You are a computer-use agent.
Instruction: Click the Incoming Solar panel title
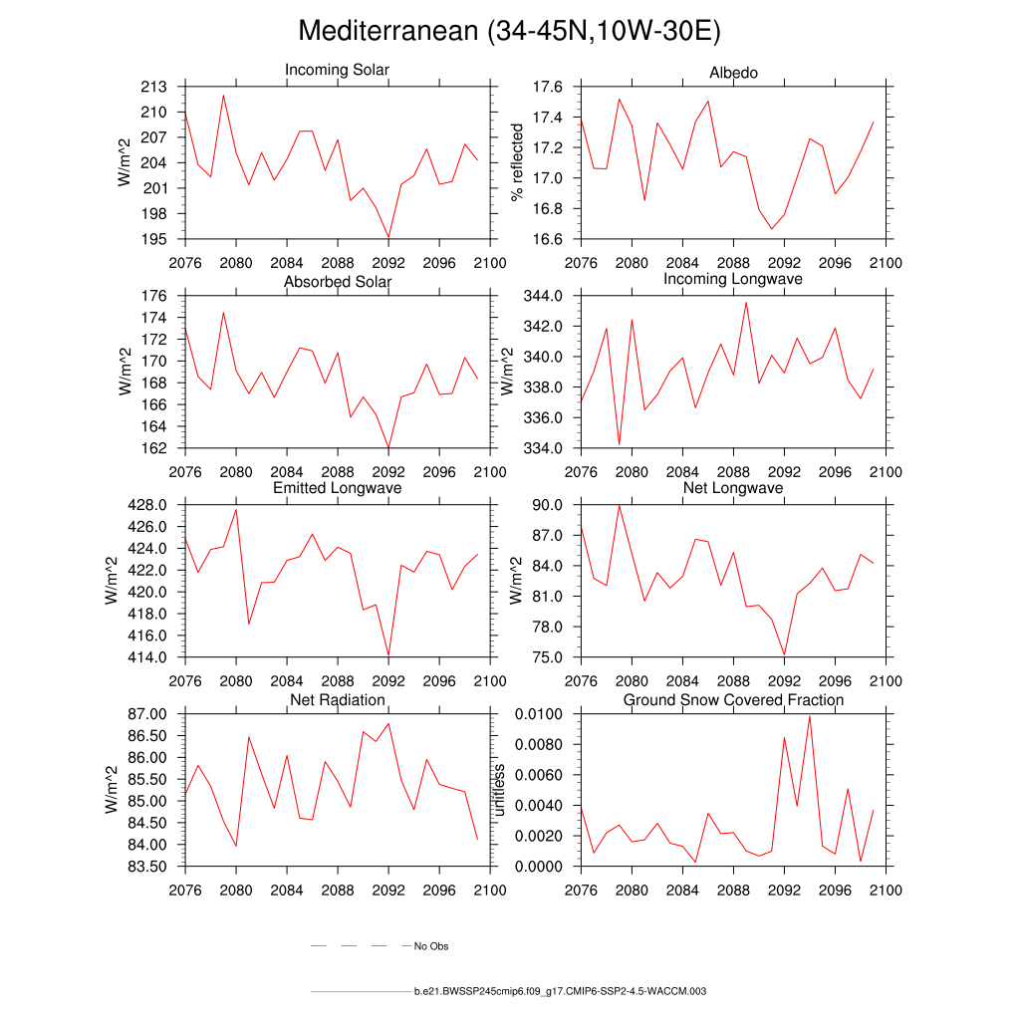pyautogui.click(x=337, y=70)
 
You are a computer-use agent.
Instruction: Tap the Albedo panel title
pyautogui.click(x=733, y=73)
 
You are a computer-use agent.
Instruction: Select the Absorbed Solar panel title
pyautogui.click(x=338, y=282)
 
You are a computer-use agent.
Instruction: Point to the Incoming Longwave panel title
pyautogui.click(x=733, y=279)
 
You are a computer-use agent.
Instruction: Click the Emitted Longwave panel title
pyautogui.click(x=338, y=488)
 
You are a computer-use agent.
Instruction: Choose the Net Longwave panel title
pyautogui.click(x=733, y=488)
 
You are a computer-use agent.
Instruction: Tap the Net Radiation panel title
pyautogui.click(x=338, y=700)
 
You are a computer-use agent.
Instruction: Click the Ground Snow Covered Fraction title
pyautogui.click(x=733, y=700)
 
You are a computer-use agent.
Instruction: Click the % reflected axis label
pyautogui.click(x=516, y=162)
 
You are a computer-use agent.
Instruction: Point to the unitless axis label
pyautogui.click(x=500, y=790)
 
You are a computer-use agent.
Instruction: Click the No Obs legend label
pyautogui.click(x=431, y=946)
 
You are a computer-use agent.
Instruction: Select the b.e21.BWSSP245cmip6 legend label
pyautogui.click(x=560, y=992)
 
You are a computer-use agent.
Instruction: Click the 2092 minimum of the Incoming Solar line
pyautogui.click(x=388, y=238)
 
